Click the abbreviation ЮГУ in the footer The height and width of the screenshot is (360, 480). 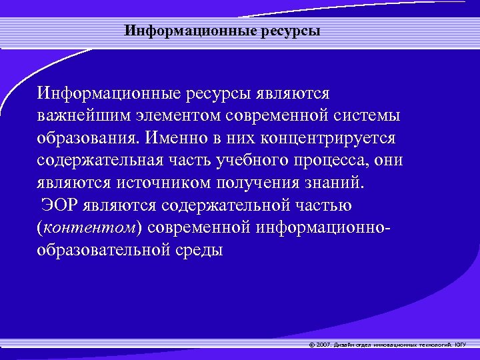[461, 345]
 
